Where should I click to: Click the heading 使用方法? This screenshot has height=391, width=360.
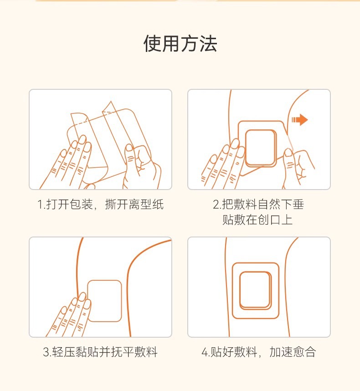pyautogui.click(x=180, y=44)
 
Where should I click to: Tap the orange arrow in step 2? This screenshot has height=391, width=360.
pyautogui.click(x=300, y=120)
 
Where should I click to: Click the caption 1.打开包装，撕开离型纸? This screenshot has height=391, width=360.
pyautogui.click(x=100, y=205)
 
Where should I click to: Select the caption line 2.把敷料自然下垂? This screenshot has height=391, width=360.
pyautogui.click(x=258, y=205)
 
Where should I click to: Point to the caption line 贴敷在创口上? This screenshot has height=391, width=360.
pyautogui.click(x=257, y=220)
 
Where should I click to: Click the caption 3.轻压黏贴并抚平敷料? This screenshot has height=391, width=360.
pyautogui.click(x=100, y=352)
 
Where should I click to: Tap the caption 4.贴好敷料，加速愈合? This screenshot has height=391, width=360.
pyautogui.click(x=258, y=352)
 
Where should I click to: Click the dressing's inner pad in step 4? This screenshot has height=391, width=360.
pyautogui.click(x=255, y=290)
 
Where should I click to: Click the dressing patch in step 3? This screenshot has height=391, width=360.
pyautogui.click(x=104, y=301)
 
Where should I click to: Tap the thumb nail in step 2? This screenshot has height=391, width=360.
pyautogui.click(x=288, y=152)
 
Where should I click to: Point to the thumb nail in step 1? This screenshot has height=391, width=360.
pyautogui.click(x=129, y=148)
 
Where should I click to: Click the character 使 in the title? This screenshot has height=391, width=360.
pyautogui.click(x=152, y=44)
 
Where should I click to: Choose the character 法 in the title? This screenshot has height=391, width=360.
pyautogui.click(x=208, y=44)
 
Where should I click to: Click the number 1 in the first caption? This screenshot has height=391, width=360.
pyautogui.click(x=40, y=205)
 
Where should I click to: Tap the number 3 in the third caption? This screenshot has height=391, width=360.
pyautogui.click(x=46, y=352)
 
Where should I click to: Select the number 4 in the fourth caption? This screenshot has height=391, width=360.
pyautogui.click(x=205, y=352)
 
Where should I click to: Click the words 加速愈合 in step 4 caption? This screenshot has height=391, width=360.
pyautogui.click(x=293, y=352)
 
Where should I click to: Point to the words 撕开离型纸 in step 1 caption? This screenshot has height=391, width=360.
pyautogui.click(x=134, y=205)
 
